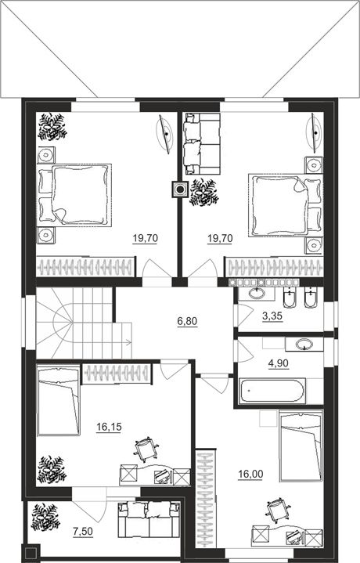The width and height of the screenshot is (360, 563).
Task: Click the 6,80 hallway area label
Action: coord(187,321)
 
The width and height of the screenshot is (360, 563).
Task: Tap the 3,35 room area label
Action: coord(272,316)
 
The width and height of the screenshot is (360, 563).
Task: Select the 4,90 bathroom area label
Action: coord(278,363)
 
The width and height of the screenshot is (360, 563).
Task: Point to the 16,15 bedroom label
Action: coord(109,427)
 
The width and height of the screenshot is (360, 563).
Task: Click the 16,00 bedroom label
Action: coord(250,475)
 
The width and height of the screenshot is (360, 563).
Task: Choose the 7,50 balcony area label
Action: coord(83,532)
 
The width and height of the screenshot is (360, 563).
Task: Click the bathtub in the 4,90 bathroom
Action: coord(273,391)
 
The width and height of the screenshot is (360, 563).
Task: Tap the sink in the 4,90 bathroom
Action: coord(304,345)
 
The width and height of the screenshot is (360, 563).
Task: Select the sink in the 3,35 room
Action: coord(257,294)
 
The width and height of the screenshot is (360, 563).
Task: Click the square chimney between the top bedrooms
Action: coord(180,189)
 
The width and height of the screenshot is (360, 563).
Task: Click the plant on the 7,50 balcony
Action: coord(45,517)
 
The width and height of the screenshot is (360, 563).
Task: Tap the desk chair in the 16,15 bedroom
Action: coord(146,449)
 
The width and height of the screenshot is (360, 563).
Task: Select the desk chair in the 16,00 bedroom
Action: coord(278,511)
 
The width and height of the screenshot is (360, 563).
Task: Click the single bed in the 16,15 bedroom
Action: coord(59,400)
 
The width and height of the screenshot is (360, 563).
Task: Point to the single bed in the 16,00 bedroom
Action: coord(301,446)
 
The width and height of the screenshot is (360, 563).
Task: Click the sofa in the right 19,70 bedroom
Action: coord(201,143)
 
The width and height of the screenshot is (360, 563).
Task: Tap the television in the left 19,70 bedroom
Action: coord(166,134)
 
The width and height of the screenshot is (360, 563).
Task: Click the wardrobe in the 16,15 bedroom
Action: coord(117,374)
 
